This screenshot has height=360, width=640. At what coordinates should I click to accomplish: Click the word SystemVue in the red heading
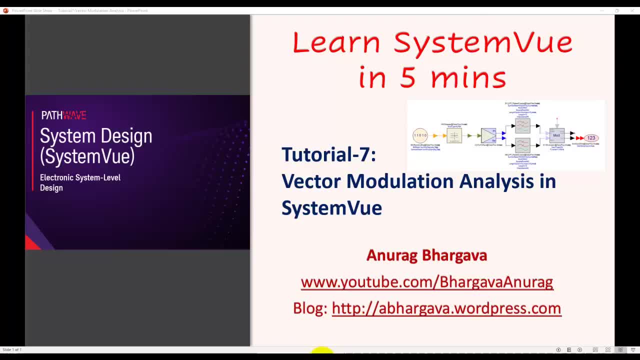pos(482,42)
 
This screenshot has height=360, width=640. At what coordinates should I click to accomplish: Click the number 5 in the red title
pos(408,78)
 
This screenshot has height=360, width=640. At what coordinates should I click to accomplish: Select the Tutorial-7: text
pos(328,154)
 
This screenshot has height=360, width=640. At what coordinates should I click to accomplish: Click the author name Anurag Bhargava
pos(426,255)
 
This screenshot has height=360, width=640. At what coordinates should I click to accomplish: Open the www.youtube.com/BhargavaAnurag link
pos(426,282)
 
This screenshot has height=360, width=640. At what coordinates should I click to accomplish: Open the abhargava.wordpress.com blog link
pos(446,308)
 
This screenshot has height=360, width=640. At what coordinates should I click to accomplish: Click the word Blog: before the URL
pos(310,308)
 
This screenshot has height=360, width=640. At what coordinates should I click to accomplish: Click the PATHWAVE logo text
pos(63,115)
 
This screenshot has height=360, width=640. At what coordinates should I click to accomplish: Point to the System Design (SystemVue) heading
pos(95,145)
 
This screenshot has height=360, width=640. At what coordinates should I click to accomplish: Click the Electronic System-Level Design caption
pos(80,182)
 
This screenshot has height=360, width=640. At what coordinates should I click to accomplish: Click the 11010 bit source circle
pos(420,135)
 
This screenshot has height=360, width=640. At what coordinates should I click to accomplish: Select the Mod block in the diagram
pos(556,135)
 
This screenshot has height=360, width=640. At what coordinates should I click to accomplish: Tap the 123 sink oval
pos(591,138)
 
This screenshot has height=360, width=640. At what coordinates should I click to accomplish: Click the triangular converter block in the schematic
pos(488,135)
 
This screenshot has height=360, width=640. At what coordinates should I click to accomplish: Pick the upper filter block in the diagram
pos(522,125)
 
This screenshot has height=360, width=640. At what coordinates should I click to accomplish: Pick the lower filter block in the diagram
pos(522,145)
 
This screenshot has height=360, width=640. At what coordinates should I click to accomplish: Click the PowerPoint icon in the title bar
pos(5,10)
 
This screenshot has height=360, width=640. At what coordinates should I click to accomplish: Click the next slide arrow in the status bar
pos(579,350)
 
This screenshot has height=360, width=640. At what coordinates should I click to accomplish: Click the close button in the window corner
pos(632,10)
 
